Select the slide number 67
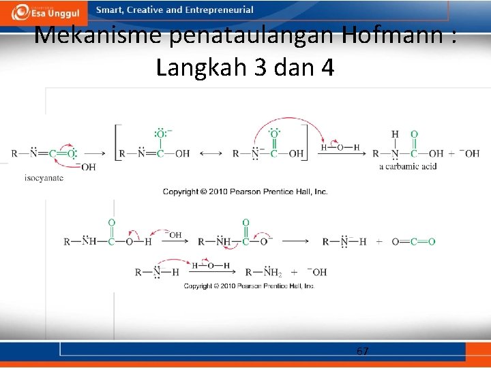click(363, 351)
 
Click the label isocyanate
click(44, 177)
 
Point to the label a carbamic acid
click(407, 166)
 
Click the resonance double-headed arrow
click(211, 154)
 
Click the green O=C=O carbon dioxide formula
click(413, 241)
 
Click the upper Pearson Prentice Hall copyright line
click(245, 191)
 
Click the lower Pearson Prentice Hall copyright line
click(249, 286)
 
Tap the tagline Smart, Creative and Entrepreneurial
click(175, 10)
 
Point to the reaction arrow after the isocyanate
click(94, 154)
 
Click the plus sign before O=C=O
click(378, 242)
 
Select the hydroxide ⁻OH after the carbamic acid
click(468, 154)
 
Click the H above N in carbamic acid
click(395, 134)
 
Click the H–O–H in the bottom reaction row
click(211, 265)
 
